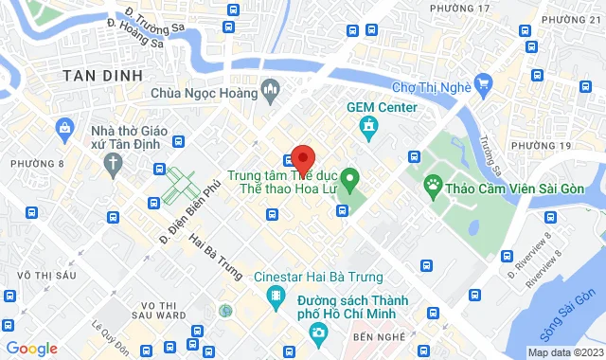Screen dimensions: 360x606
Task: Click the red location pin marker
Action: point(302,158)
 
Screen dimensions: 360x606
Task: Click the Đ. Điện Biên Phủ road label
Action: point(177,216)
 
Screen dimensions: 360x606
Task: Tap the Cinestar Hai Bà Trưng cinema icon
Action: point(276,297)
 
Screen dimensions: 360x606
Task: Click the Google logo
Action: point(31,348)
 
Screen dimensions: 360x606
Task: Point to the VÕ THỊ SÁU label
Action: point(32,275)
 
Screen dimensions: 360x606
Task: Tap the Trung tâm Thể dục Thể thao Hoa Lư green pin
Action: point(349,176)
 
